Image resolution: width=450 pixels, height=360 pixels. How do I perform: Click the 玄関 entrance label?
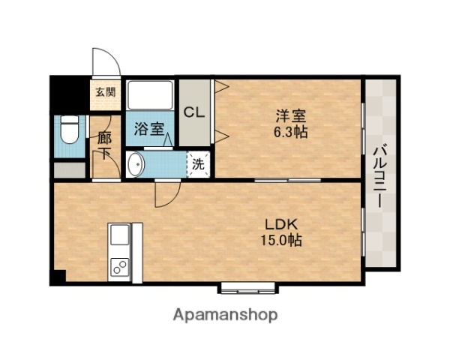105,93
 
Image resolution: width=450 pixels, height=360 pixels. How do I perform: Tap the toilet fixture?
68,130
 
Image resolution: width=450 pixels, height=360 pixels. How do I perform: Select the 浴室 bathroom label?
148,129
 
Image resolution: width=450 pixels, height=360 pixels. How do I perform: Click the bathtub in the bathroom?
150,96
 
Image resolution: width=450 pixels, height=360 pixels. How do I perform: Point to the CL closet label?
195,112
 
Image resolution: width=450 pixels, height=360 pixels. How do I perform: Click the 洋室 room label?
289,116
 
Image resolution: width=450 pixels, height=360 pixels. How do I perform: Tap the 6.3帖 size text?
289,132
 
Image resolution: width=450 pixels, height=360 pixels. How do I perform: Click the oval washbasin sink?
136,164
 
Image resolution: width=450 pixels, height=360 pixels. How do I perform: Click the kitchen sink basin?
119,238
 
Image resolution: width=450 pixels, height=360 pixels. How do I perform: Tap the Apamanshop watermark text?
224,315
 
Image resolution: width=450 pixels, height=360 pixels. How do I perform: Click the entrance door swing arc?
102,63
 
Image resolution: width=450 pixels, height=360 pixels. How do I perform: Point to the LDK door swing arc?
165,196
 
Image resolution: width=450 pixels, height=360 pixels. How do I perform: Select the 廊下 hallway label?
105,146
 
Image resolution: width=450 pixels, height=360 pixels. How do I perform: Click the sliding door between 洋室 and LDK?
288,181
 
